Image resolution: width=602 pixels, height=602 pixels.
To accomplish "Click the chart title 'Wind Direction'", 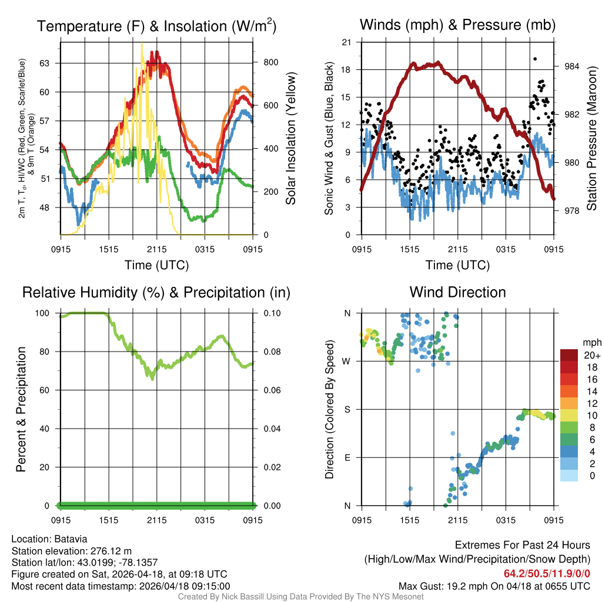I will pyautogui.click(x=457, y=292).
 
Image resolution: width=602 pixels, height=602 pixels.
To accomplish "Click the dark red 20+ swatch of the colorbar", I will pyautogui.click(x=570, y=356).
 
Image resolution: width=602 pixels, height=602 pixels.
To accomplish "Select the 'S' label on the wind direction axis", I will pyautogui.click(x=347, y=409).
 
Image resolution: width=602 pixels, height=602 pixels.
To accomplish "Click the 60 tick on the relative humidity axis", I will pyautogui.click(x=48, y=390).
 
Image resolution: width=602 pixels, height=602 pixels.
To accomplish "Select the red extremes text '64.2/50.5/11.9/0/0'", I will pyautogui.click(x=547, y=574).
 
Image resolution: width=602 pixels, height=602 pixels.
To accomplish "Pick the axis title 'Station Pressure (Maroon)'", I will pyautogui.click(x=592, y=138).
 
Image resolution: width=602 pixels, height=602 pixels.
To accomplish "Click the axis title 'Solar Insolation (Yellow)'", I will pyautogui.click(x=291, y=138).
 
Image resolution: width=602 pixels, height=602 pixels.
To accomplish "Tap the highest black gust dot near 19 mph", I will pyautogui.click(x=535, y=59).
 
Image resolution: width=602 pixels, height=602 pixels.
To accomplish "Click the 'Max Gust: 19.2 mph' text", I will pyautogui.click(x=446, y=586).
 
